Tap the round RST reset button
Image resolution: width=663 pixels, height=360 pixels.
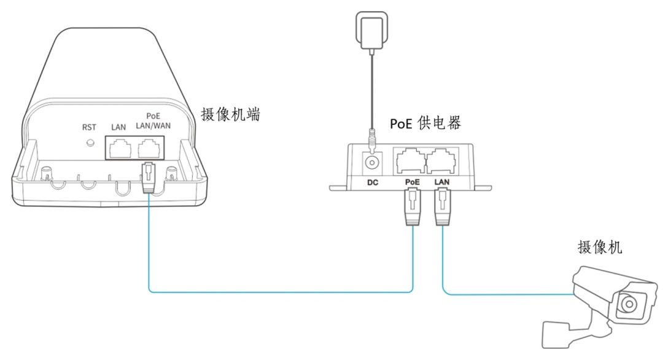pyautogui.click(x=90, y=144)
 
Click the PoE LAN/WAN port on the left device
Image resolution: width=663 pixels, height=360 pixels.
pyautogui.click(x=152, y=147)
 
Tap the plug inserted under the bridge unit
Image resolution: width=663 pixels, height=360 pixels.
pyautogui.click(x=150, y=178)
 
